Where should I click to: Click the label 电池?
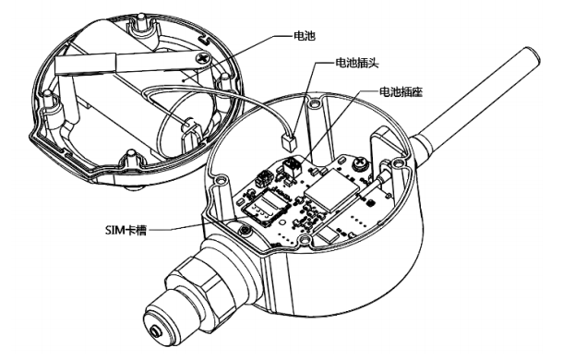coord(304,36)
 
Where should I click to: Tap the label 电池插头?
coord(357,64)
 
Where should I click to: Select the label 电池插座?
coord(401,92)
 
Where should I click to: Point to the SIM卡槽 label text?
coord(126,230)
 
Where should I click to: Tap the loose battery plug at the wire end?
coord(289,143)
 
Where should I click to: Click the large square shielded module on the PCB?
coord(331,188)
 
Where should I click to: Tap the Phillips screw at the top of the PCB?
coord(359,163)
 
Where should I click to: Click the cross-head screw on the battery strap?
coord(203,58)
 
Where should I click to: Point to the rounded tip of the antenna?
coord(533,54)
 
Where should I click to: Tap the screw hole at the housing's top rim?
coord(315,104)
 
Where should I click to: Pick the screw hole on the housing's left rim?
coord(220,178)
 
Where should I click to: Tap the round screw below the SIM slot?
coord(246,229)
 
